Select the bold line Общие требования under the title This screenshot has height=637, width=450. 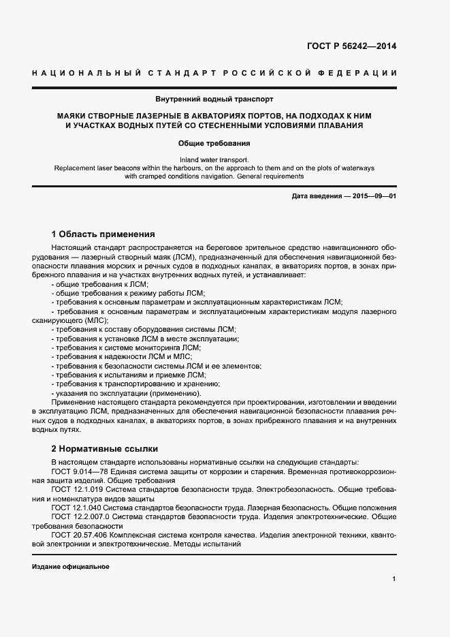coord(214,144)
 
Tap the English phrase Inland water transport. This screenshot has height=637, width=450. coord(214,159)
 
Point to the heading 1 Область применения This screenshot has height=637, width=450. coord(103,233)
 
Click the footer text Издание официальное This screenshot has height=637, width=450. coord(71,567)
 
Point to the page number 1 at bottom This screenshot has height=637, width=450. coord(394,579)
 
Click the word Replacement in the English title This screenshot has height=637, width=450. coord(73,168)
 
